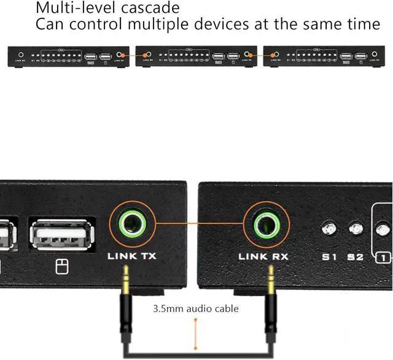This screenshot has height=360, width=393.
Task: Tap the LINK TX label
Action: pyautogui.click(x=131, y=256)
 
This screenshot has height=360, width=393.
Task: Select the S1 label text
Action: pyautogui.click(x=330, y=257)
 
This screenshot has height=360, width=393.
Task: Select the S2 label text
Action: pyautogui.click(x=356, y=257)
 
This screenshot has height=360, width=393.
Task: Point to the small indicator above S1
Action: pyautogui.click(x=329, y=229)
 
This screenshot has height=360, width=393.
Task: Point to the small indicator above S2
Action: pyautogui.click(x=356, y=229)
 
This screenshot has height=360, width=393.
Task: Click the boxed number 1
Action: pyautogui.click(x=383, y=258)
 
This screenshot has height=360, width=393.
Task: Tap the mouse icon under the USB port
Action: pyautogui.click(x=60, y=266)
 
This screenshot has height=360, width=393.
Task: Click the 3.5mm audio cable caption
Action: pyautogui.click(x=196, y=308)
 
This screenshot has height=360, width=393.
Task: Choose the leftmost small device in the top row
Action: pyautogui.click(x=68, y=56)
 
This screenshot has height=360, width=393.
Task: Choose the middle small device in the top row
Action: pyautogui.click(x=195, y=56)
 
